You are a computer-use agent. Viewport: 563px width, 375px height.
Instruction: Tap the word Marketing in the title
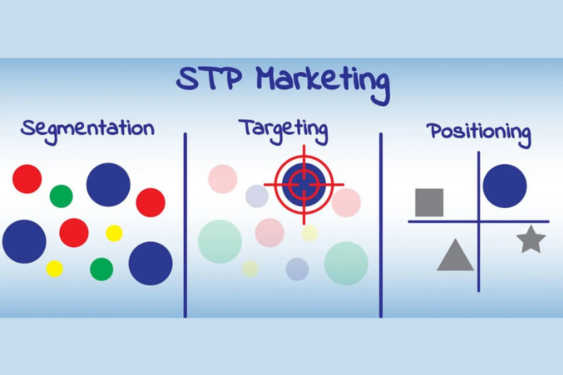click(323, 81)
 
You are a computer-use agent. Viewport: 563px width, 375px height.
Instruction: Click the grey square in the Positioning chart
click(429, 202)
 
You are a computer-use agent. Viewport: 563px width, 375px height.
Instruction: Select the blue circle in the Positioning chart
click(505, 186)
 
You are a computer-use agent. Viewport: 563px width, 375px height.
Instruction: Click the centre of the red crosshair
click(304, 185)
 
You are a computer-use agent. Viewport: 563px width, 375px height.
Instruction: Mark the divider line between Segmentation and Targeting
click(185, 226)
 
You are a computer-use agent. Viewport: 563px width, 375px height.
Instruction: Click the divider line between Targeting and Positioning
click(381, 226)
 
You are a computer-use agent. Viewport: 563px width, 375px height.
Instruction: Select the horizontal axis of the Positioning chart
click(440, 222)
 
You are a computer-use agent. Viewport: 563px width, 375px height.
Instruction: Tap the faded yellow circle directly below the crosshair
click(310, 233)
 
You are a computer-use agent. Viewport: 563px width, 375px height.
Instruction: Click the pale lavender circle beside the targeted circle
click(256, 196)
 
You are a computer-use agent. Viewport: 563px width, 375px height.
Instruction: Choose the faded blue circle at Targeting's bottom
click(297, 269)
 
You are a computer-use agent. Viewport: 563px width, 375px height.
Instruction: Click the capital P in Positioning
click(435, 131)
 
